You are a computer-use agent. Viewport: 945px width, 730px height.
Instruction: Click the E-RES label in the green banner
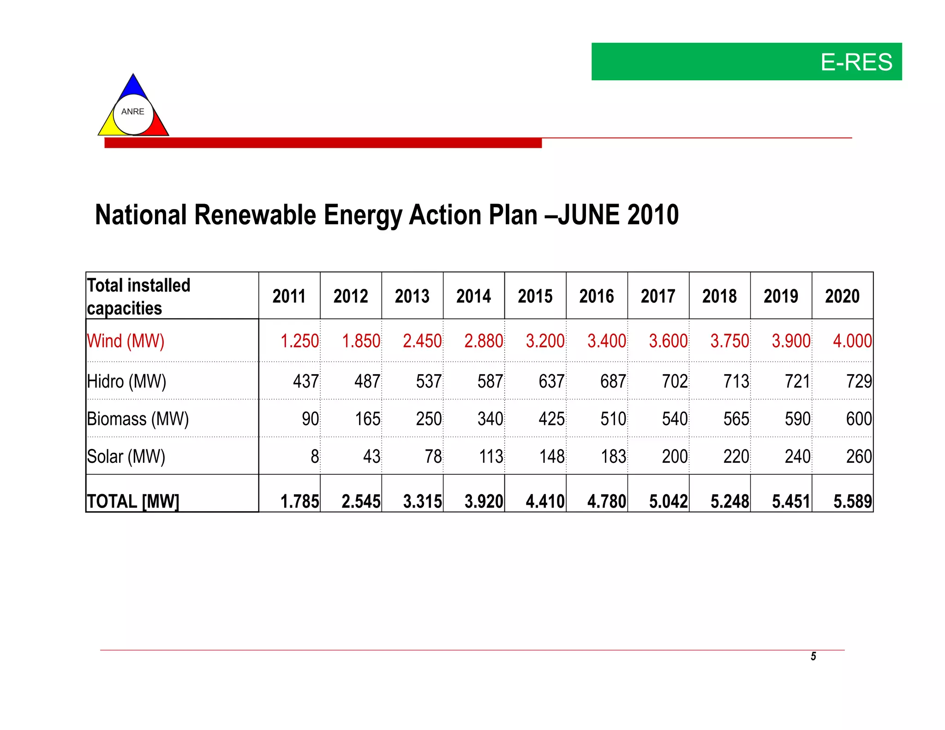coord(856,62)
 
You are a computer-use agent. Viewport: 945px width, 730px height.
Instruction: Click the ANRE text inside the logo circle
coord(133,112)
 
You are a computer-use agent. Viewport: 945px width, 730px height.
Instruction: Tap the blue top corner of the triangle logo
coord(133,85)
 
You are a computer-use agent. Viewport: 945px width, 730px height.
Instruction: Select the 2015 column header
coord(535,296)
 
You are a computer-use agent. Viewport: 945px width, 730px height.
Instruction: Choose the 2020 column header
coord(842,296)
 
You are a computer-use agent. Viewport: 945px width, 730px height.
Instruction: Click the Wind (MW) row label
coord(126,341)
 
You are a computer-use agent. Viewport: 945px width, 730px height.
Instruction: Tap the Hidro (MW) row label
coord(126,382)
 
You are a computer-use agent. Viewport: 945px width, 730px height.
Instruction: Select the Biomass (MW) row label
coord(138,419)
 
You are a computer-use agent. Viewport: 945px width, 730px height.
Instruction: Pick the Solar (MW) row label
coord(126,457)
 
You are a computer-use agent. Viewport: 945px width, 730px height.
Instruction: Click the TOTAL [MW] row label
coord(133,501)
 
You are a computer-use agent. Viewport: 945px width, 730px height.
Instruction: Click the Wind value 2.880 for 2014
coord(483,341)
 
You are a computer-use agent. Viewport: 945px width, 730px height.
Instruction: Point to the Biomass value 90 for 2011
coord(310,419)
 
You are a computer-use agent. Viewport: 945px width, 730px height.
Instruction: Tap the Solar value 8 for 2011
coord(315,457)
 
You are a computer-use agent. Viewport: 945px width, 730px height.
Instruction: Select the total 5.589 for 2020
coord(852,502)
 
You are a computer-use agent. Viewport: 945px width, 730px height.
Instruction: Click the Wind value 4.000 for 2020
coord(852,341)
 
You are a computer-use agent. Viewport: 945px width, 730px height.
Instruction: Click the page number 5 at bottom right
coord(813,656)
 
